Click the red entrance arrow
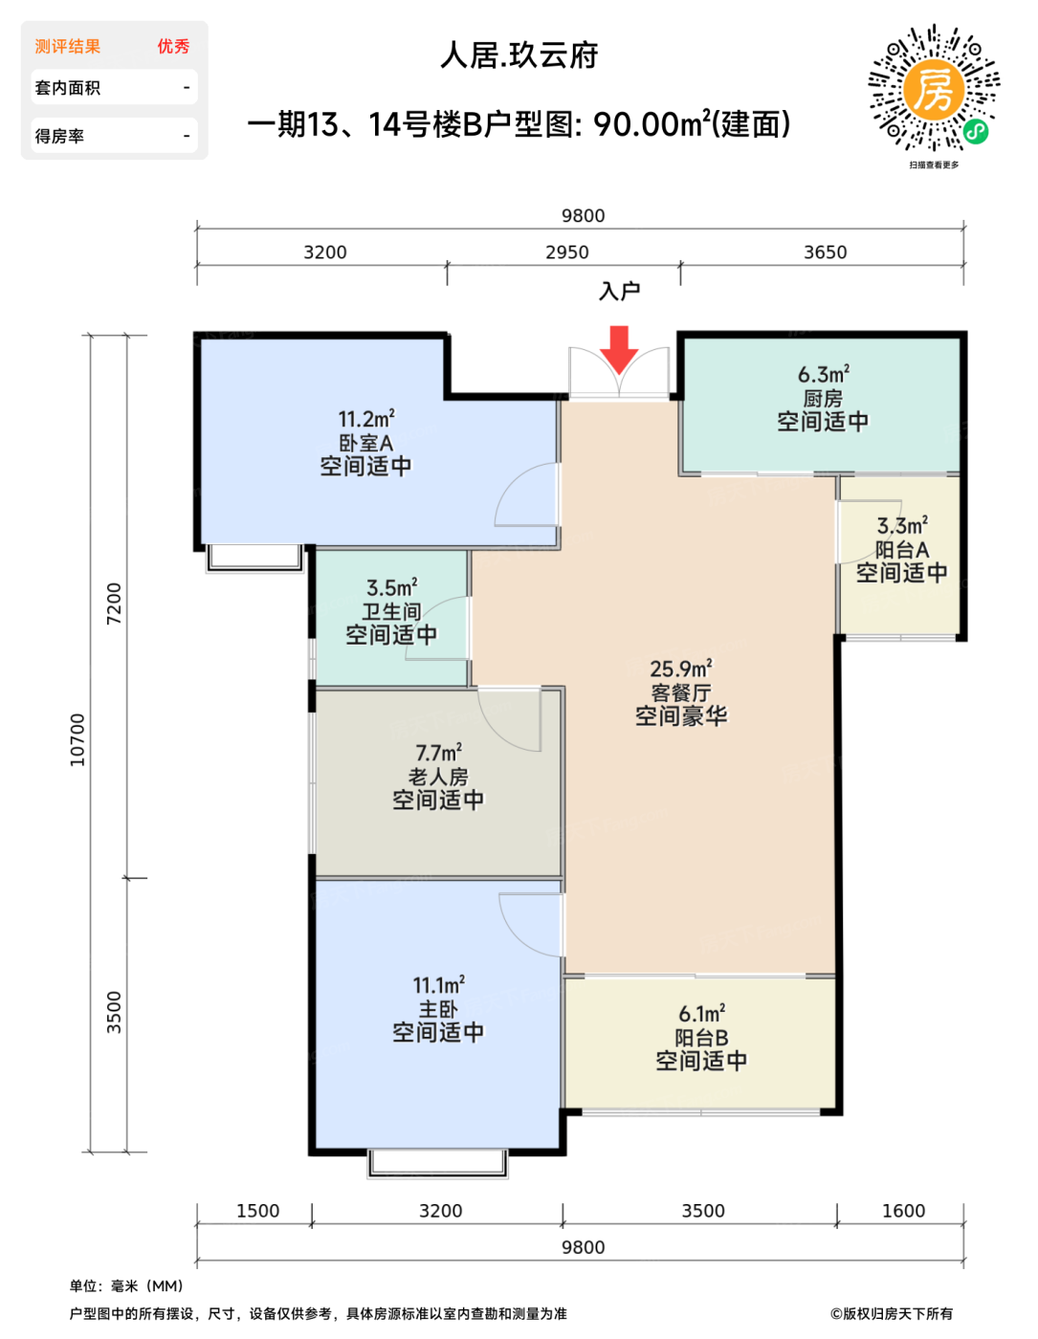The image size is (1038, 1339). pyautogui.click(x=618, y=349)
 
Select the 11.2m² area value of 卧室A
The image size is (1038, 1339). pyautogui.click(x=365, y=419)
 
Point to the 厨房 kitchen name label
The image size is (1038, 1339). pyautogui.click(x=822, y=398)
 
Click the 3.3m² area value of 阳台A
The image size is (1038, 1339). pyautogui.click(x=902, y=525)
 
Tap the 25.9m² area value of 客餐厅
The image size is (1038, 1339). pyautogui.click(x=680, y=669)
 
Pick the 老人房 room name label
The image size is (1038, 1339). pyautogui.click(x=437, y=777)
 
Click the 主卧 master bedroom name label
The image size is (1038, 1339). pyautogui.click(x=437, y=1009)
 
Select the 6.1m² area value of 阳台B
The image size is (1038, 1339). pyautogui.click(x=701, y=1014)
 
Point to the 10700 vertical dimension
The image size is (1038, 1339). pyautogui.click(x=77, y=739)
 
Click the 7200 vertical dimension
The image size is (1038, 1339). pyautogui.click(x=114, y=604)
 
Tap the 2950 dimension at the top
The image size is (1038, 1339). pyautogui.click(x=567, y=252)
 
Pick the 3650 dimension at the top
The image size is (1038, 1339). pyautogui.click(x=826, y=252)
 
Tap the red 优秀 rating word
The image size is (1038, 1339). pyautogui.click(x=173, y=46)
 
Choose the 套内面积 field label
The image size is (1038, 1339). pyautogui.click(x=67, y=88)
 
